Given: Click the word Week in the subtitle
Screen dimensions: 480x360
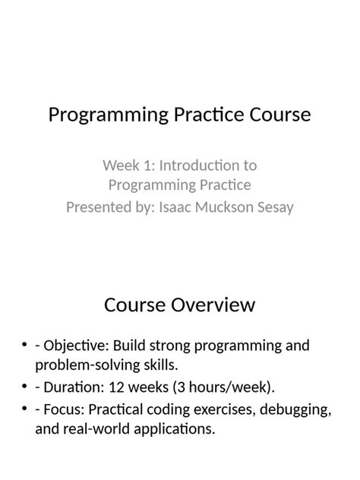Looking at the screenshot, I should (118, 165).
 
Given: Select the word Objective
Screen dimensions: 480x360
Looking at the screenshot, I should (74, 346).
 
